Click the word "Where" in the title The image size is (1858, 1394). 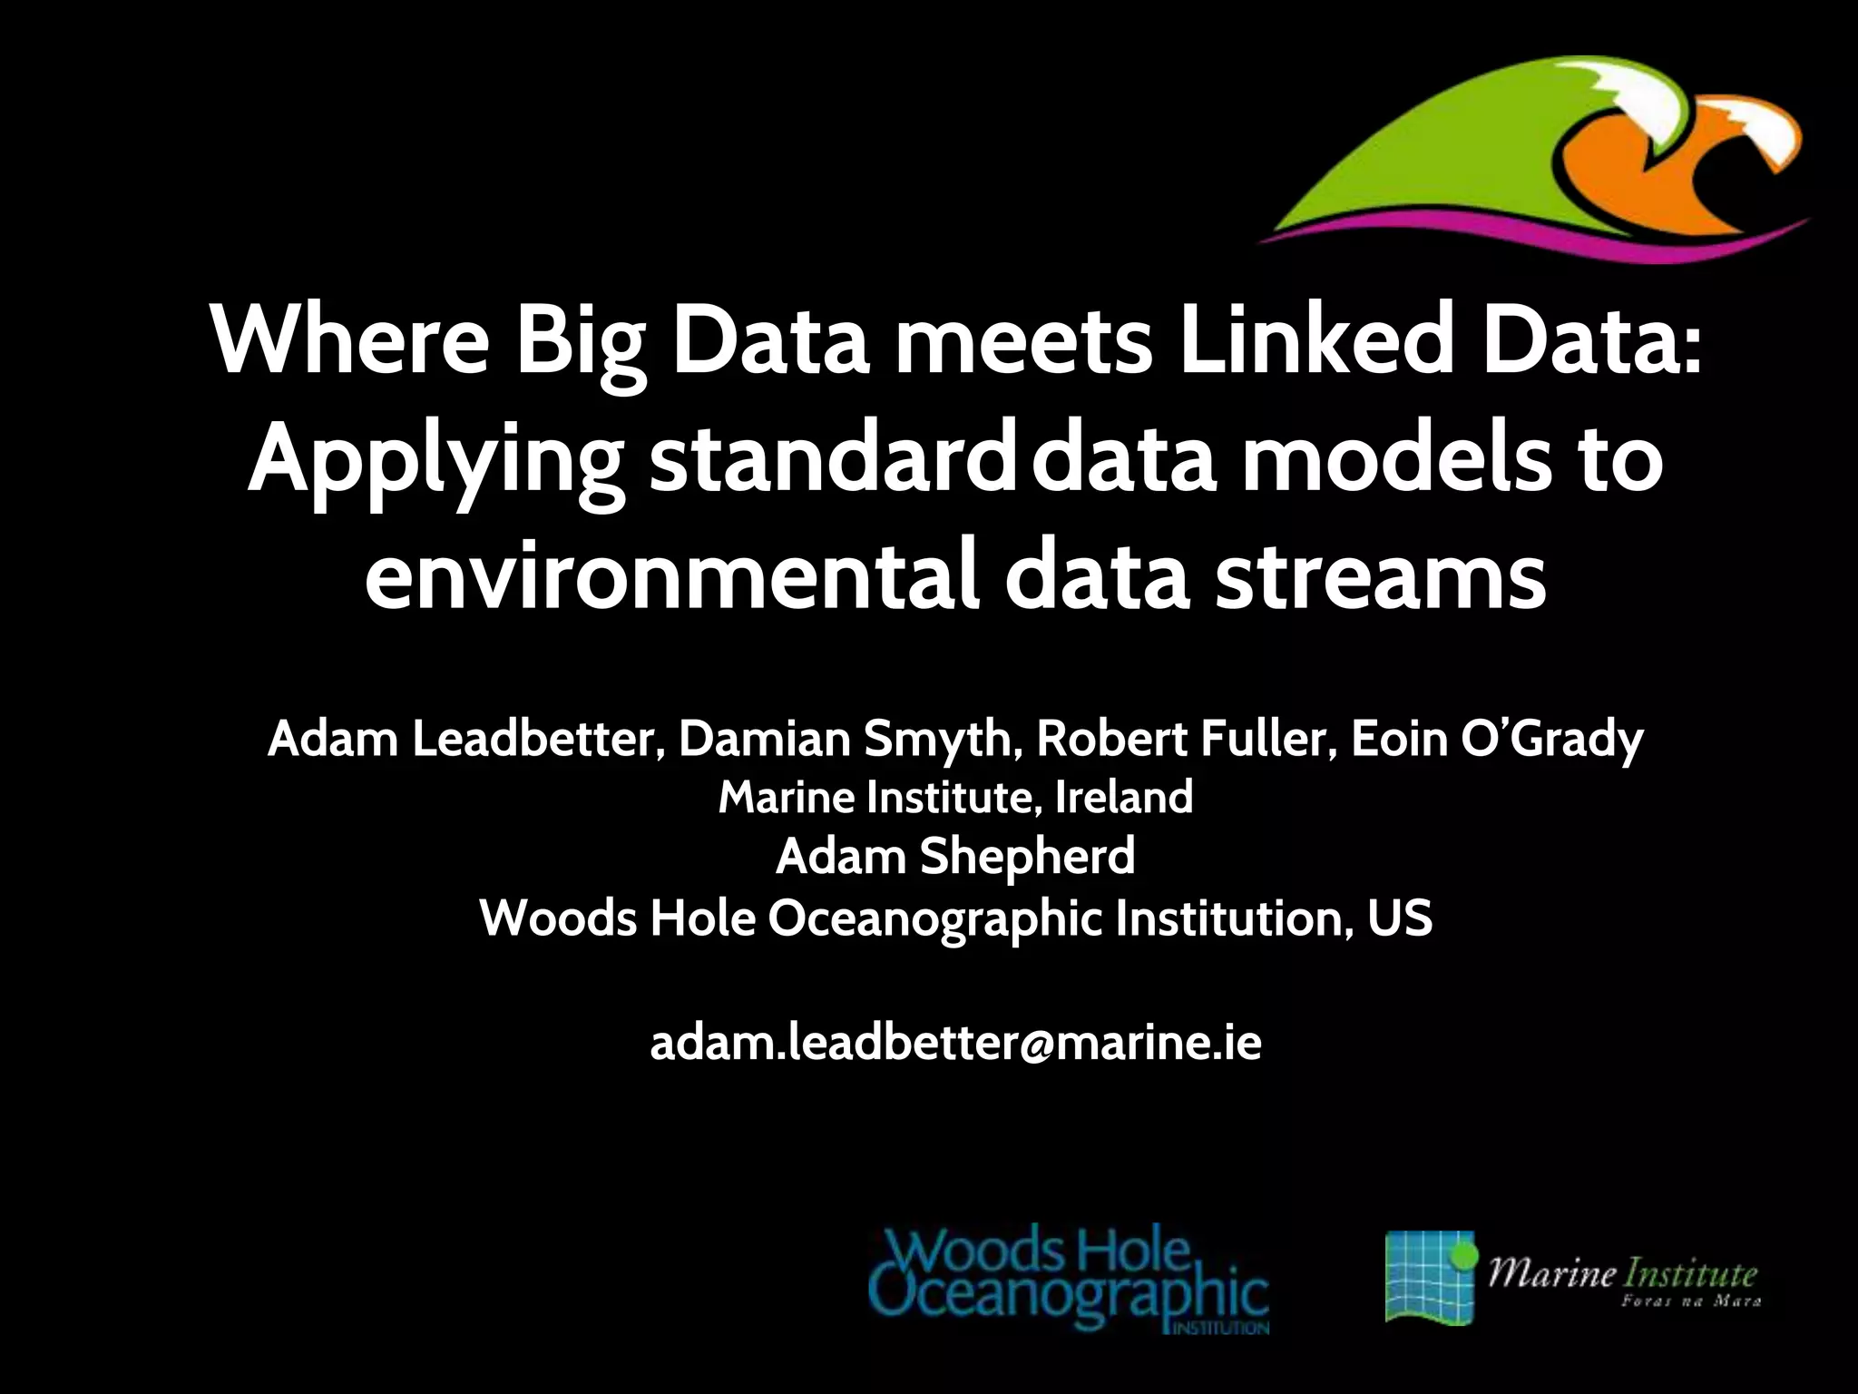(349, 343)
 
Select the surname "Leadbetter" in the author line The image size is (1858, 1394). (534, 740)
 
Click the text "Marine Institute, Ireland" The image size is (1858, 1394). (955, 798)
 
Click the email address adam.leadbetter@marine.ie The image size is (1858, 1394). (955, 1044)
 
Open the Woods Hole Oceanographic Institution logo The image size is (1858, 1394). (1068, 1281)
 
